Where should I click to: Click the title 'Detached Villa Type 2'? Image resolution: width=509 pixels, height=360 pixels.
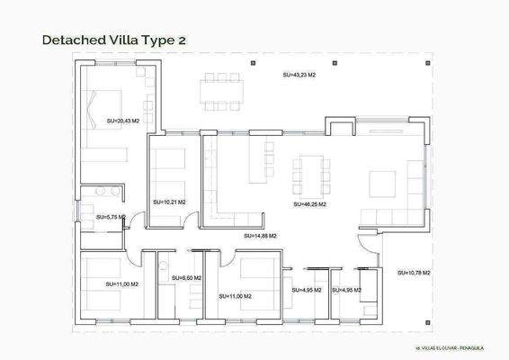pyautogui.click(x=114, y=40)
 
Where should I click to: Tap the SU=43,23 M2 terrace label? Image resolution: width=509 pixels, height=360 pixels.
pyautogui.click(x=299, y=76)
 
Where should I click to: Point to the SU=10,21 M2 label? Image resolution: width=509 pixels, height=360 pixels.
pyautogui.click(x=169, y=202)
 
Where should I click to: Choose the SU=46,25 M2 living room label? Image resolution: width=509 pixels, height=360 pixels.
pyautogui.click(x=309, y=204)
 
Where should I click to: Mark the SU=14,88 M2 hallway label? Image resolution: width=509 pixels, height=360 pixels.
pyautogui.click(x=260, y=235)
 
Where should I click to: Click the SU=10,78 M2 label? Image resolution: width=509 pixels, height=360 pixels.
pyautogui.click(x=414, y=272)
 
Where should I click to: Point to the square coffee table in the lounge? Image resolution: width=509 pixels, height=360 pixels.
pyautogui.click(x=380, y=183)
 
